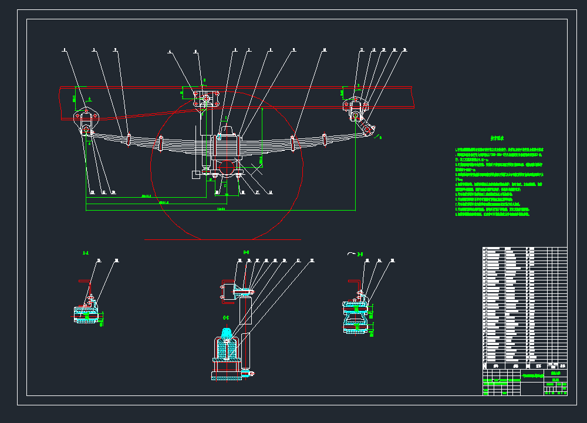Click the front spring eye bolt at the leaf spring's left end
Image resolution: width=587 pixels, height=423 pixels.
(86, 130)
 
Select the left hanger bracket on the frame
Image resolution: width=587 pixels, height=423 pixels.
(86, 116)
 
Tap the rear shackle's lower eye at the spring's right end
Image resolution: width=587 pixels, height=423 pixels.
(368, 130)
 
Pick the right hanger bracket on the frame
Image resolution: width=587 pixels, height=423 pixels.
(355, 106)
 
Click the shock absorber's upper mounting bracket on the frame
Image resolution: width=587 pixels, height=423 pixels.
(205, 99)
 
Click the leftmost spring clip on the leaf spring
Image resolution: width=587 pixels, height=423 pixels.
(129, 140)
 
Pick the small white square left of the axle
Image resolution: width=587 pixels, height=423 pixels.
(196, 174)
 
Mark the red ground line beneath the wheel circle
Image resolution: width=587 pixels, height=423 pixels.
(223, 239)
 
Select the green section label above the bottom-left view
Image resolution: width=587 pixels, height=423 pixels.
(86, 253)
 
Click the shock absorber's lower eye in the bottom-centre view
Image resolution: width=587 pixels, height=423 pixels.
(251, 373)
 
